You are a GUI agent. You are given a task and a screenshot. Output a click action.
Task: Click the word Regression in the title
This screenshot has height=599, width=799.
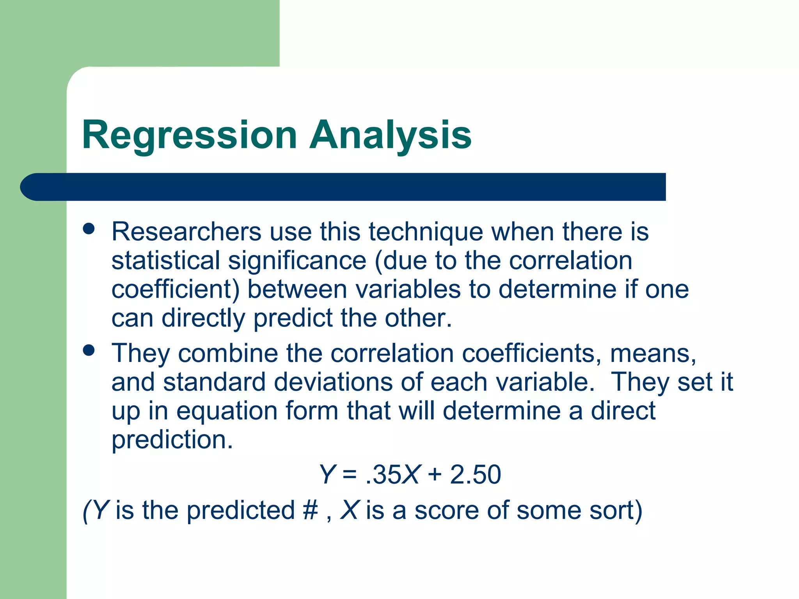190,135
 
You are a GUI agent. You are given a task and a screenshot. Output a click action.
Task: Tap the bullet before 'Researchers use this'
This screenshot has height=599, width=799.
89,229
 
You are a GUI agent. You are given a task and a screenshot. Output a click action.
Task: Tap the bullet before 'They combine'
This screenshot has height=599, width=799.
89,350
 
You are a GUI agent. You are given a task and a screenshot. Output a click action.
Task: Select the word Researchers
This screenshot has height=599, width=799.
186,232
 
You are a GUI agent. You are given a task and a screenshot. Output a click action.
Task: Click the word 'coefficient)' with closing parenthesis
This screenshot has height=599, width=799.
175,289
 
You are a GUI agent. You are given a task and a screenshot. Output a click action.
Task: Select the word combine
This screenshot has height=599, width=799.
228,353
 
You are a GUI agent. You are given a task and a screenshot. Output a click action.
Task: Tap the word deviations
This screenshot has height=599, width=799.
333,382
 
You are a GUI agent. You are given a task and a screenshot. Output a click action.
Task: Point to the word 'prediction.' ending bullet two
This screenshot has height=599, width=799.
172,440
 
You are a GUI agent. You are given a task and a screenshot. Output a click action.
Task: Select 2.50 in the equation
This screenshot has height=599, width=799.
475,475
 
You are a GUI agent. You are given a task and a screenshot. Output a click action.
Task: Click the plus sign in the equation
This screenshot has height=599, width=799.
435,475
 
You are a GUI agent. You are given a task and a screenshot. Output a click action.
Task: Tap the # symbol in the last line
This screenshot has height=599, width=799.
310,510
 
